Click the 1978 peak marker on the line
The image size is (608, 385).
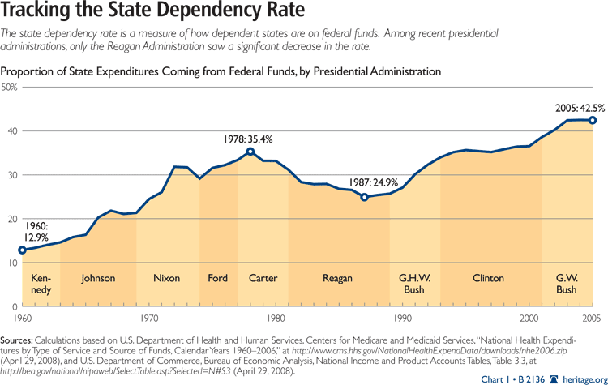[250, 152]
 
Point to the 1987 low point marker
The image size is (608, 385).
[364, 197]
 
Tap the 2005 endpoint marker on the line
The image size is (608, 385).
[593, 120]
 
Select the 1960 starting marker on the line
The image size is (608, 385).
[22, 250]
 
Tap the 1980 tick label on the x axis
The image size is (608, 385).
[276, 318]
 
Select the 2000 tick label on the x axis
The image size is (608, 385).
[529, 318]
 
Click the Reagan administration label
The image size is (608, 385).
[337, 279]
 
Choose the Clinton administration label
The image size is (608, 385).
[488, 279]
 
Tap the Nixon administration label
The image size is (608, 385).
[167, 279]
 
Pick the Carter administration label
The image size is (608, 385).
[263, 279]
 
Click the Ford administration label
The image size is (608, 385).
[217, 279]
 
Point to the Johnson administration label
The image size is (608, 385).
[98, 279]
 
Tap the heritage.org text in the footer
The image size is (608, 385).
[584, 379]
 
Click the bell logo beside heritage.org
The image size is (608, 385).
[554, 379]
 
